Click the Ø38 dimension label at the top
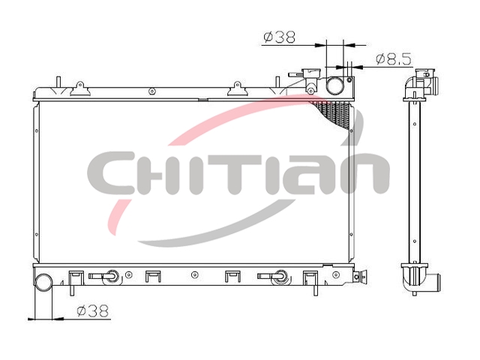click(279, 37)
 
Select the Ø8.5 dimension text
click(394, 59)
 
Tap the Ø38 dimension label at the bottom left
click(93, 311)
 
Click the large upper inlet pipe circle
click(334, 85)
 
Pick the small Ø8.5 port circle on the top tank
click(350, 80)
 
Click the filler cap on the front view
click(310, 73)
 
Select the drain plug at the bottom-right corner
click(360, 277)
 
